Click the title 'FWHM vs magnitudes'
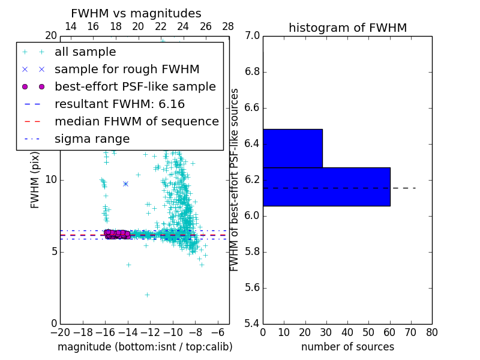click(136, 13)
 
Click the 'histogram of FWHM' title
click(347, 28)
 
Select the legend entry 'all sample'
click(85, 52)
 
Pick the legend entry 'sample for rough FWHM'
click(127, 69)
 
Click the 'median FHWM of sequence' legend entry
click(136, 121)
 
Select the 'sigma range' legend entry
click(92, 139)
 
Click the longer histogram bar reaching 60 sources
click(326, 187)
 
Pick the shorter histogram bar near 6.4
click(292, 148)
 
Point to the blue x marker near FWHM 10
click(125, 184)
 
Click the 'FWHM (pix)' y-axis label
click(35, 180)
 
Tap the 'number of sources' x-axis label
click(347, 347)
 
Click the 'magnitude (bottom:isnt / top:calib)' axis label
click(145, 347)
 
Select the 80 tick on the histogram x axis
click(432, 332)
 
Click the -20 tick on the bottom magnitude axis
click(60, 332)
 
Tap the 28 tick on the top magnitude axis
click(229, 26)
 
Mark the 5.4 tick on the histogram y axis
click(251, 323)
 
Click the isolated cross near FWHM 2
click(147, 295)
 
